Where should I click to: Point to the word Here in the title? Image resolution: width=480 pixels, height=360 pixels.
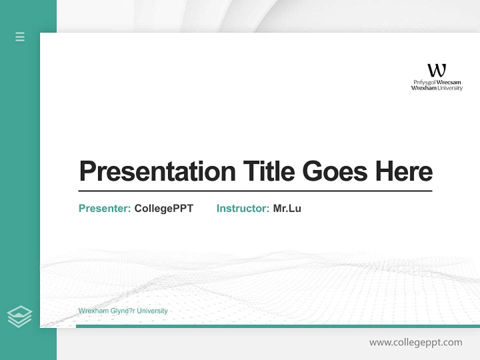403,171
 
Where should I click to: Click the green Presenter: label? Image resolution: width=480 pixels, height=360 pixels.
104,208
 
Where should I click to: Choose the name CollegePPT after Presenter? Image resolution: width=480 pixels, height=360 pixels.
163,208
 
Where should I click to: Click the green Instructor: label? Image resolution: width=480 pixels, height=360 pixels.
242,208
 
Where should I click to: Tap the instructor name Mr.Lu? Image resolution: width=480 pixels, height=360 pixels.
287,208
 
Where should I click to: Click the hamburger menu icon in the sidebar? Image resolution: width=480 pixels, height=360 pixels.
20,36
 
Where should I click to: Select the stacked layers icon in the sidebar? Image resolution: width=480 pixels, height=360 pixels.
20,316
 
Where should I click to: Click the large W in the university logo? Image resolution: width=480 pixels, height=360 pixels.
436,70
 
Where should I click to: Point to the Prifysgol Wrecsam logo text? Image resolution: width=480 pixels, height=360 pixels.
437,82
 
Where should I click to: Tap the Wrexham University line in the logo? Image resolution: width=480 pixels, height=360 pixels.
436,88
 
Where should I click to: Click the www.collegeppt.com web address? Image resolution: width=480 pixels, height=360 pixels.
415,342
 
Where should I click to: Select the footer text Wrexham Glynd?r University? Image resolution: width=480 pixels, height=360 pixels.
123,311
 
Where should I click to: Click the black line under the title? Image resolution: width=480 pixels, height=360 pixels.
255,191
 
